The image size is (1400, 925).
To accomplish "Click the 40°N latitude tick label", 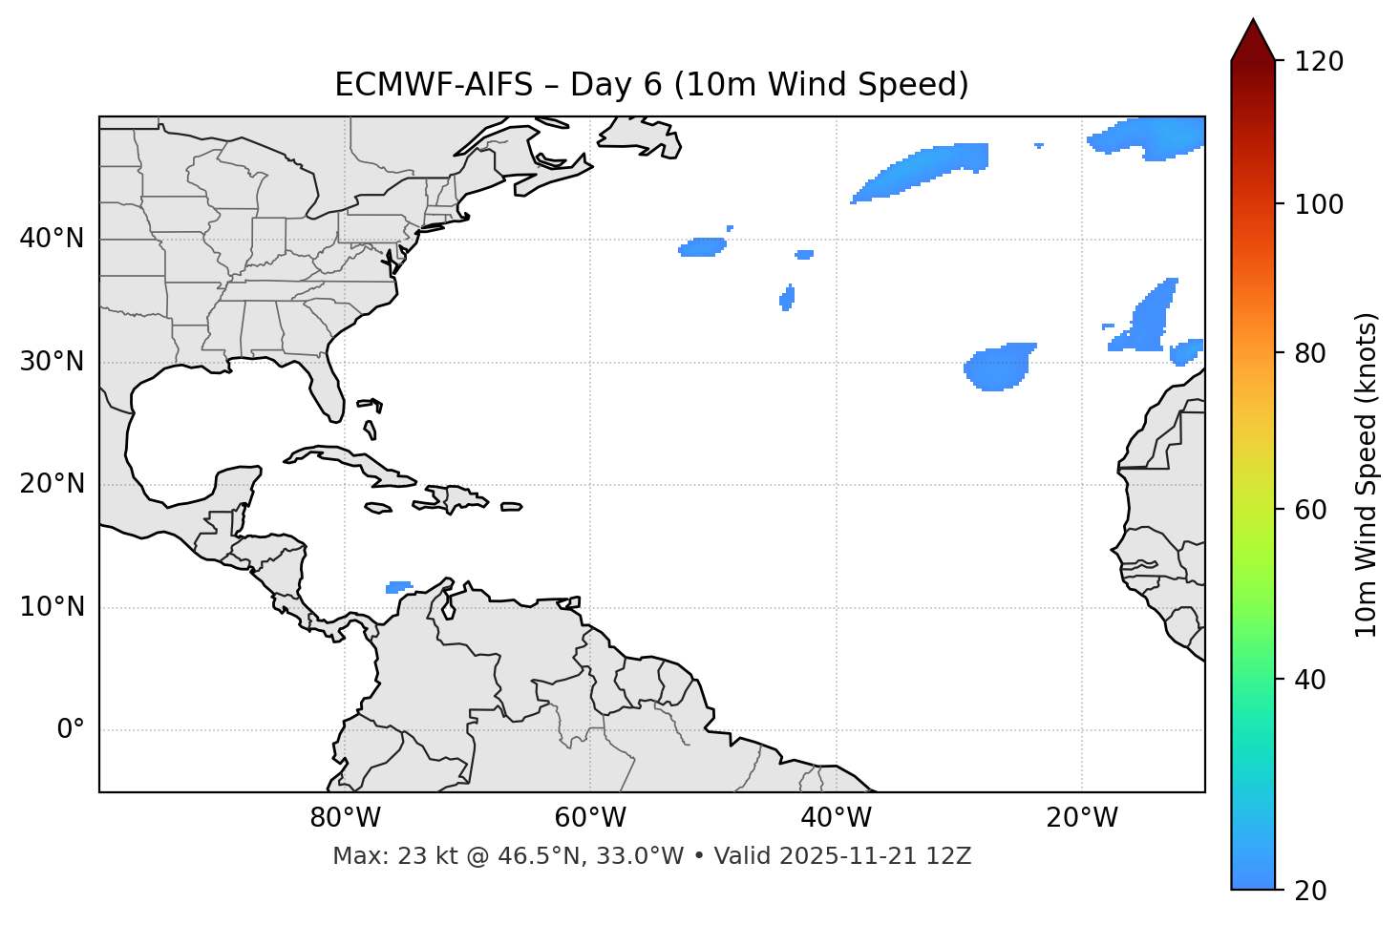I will coord(52,239).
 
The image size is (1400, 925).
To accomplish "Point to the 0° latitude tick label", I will coord(70,730).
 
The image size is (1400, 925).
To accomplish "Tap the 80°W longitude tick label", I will coord(345,818).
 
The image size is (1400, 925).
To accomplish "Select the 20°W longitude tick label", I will coord(1082,818).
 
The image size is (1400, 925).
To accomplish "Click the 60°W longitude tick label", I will coord(590,818).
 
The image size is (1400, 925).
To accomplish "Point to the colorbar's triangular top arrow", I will coord(1253,40).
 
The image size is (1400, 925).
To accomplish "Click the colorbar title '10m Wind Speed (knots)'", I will coord(1367,474).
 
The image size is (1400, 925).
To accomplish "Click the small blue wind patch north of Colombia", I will coord(398,587).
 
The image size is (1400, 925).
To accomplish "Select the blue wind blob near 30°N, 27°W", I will coord(998,368).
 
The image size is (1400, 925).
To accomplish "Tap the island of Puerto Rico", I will coord(512,507).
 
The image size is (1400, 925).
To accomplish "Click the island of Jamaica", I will coord(378,508).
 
